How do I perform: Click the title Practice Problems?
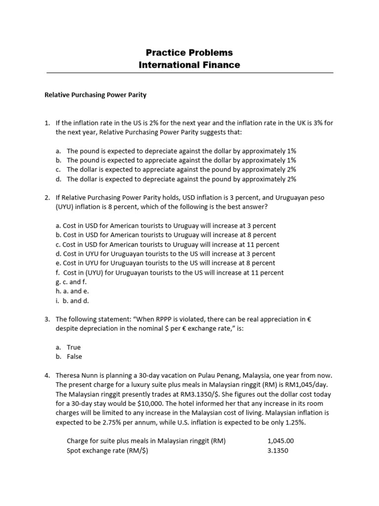[x=189, y=52]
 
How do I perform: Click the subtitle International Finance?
[x=189, y=65]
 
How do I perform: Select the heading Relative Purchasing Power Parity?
[x=96, y=95]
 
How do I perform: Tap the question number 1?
[x=47, y=123]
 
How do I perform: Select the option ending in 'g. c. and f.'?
[x=72, y=282]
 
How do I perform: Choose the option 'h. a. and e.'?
[x=72, y=292]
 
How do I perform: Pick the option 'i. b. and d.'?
[x=72, y=300]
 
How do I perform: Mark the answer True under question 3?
[x=74, y=347]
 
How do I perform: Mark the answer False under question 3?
[x=75, y=357]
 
